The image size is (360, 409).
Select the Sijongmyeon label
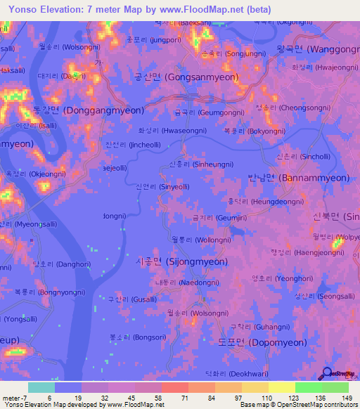[x=181, y=261]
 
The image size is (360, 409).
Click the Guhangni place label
[x=250, y=327]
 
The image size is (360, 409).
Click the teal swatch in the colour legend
[x=41, y=387]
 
